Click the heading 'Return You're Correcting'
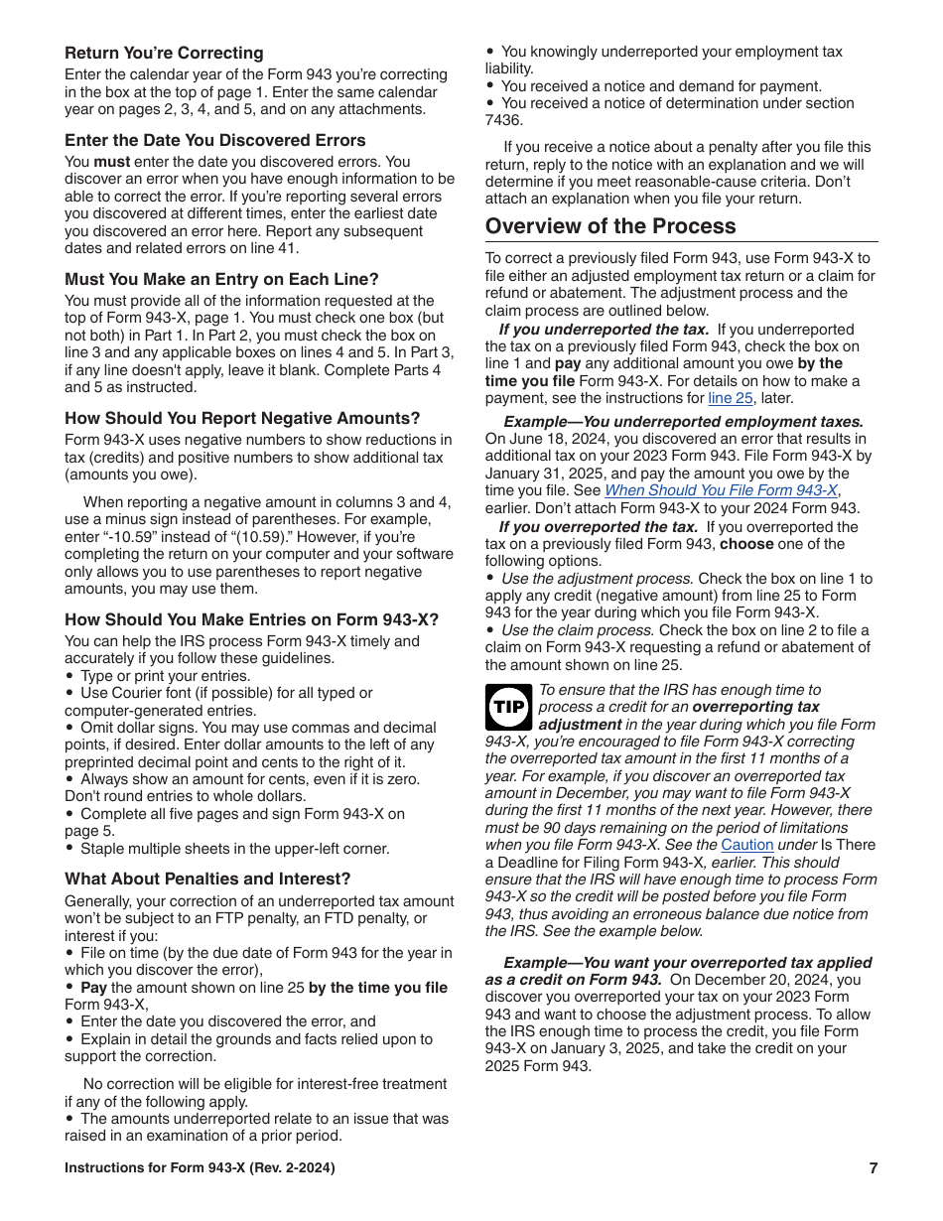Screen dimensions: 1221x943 coord(164,53)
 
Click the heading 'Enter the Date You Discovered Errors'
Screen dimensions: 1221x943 coord(214,140)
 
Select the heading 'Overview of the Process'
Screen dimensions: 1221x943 coord(610,225)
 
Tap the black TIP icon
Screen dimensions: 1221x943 coord(508,707)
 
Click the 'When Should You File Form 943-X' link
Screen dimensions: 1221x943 coord(722,490)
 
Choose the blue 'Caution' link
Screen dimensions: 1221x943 coord(746,845)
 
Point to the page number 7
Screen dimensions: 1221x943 coord(874,1168)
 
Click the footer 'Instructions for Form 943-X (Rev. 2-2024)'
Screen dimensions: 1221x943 coord(200,1168)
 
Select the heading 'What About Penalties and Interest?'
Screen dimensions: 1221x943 coord(207,879)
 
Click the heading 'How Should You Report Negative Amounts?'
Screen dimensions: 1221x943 coord(242,418)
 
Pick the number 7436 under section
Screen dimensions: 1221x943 coord(503,120)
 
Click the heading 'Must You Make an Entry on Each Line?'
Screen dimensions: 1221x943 coord(221,279)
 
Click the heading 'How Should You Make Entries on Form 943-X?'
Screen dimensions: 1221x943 coord(251,619)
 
